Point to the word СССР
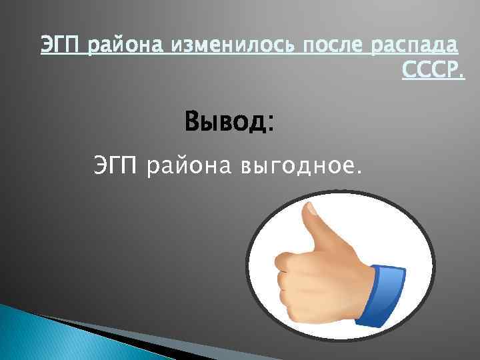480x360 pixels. [x=431, y=70]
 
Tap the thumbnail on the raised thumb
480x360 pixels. [x=310, y=213]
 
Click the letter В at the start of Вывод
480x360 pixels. [x=194, y=123]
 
